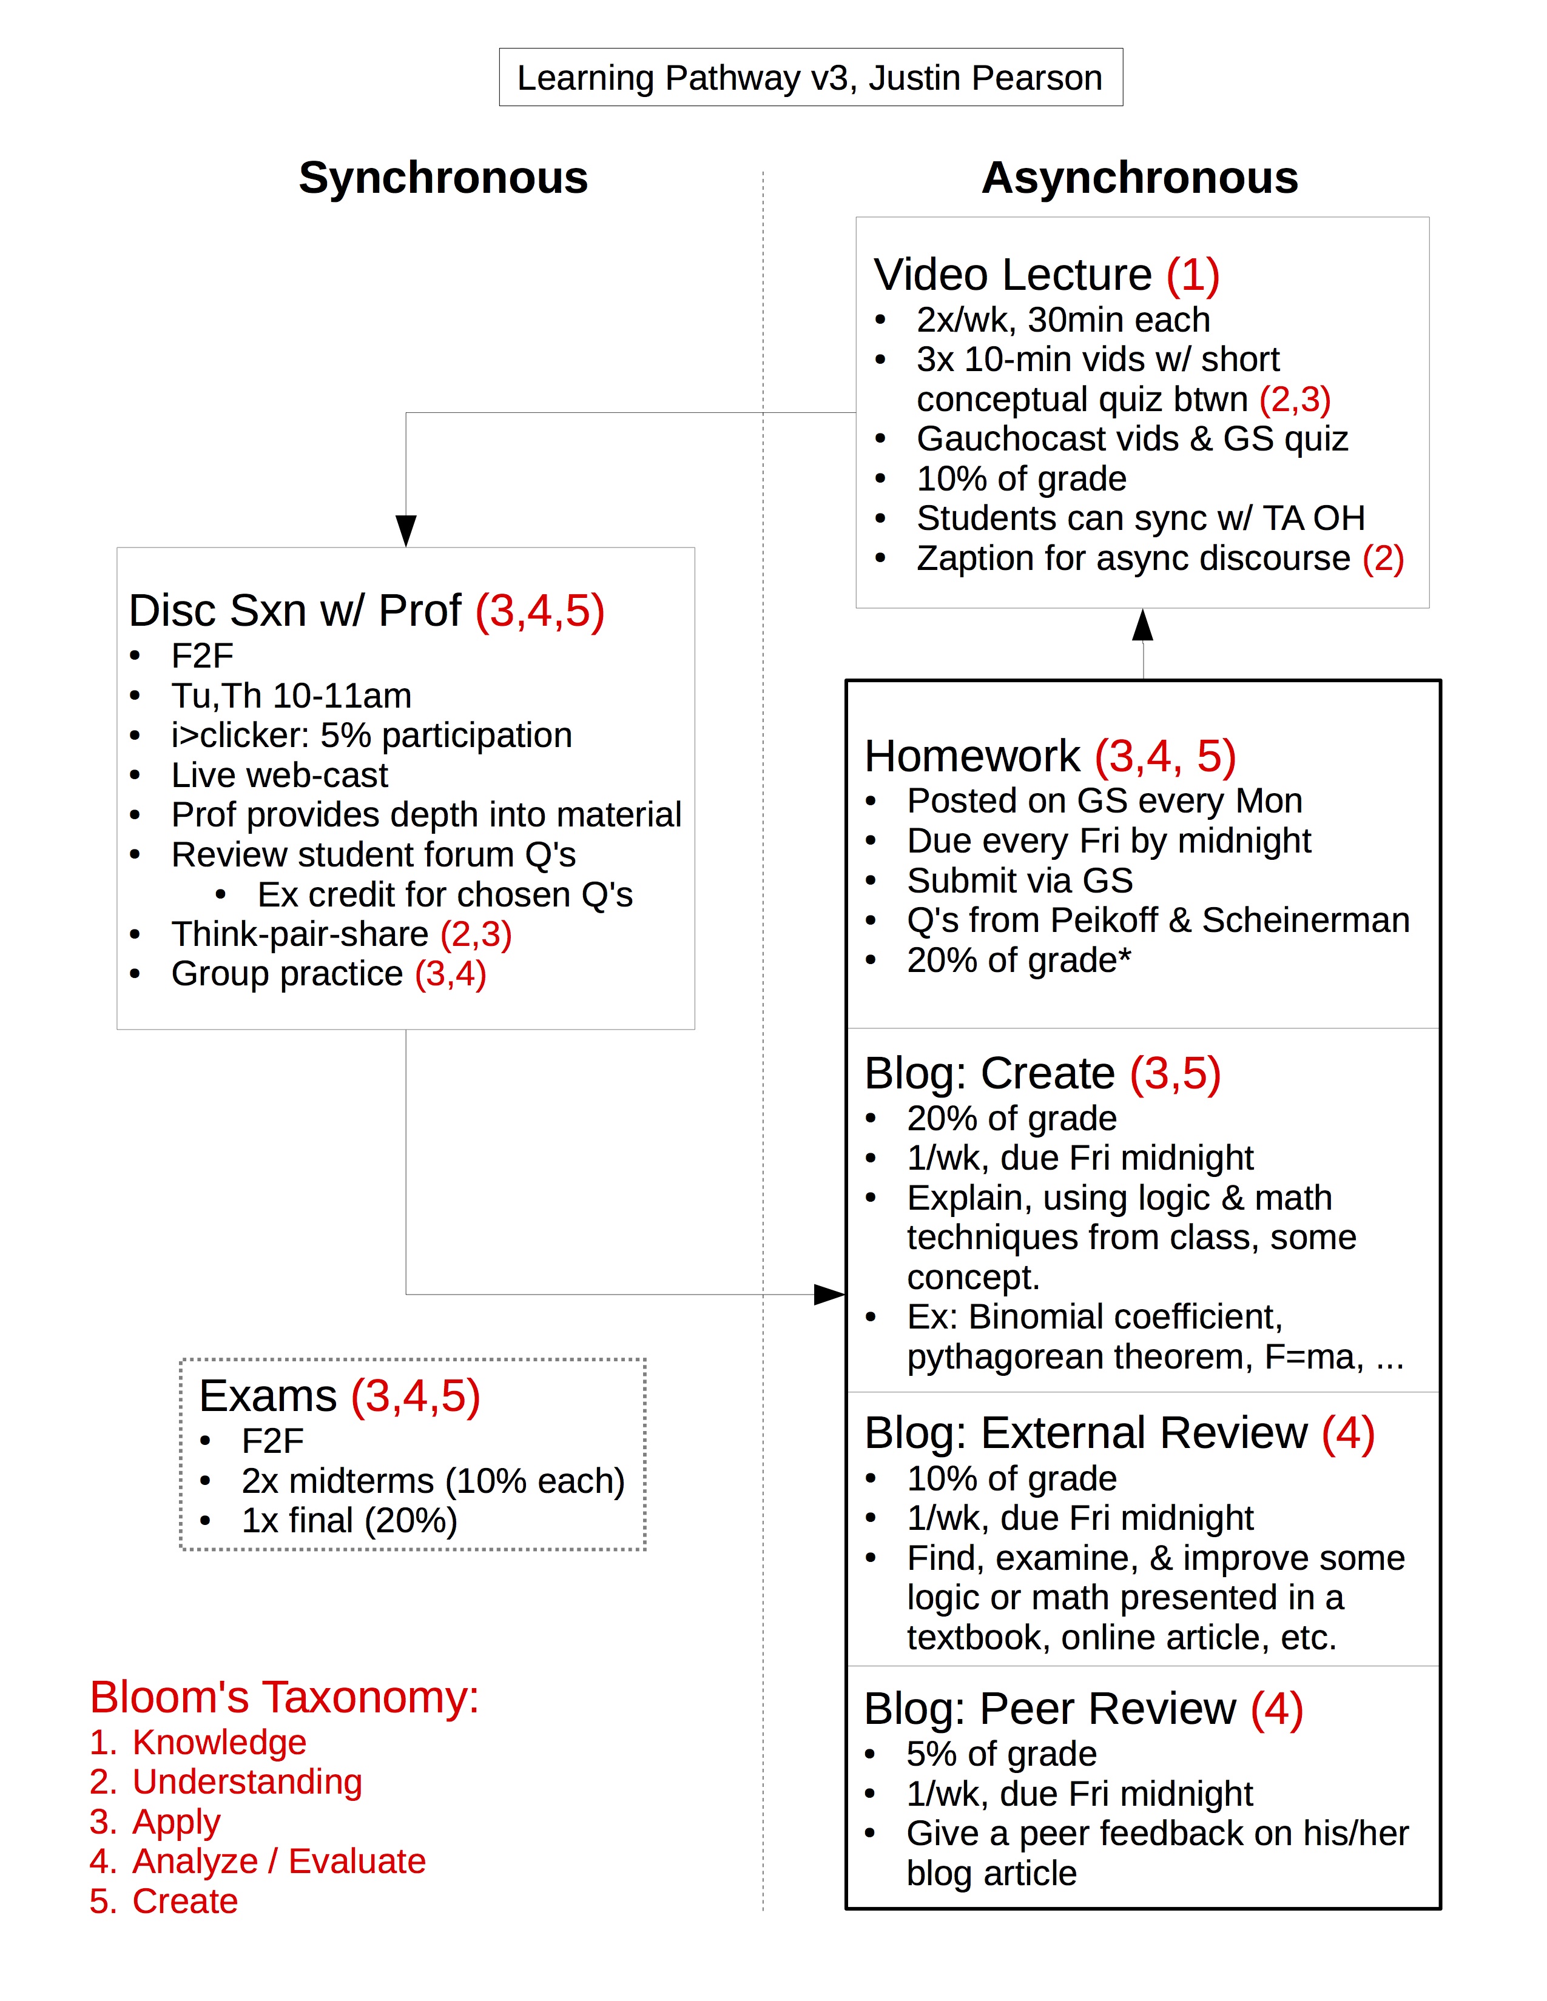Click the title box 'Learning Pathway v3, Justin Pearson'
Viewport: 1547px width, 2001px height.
point(810,78)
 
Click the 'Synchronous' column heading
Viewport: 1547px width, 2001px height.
point(443,178)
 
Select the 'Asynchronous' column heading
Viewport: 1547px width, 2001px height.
point(1139,178)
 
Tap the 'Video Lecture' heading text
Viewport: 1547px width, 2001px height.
point(1012,275)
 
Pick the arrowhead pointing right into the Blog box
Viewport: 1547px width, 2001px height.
point(829,1294)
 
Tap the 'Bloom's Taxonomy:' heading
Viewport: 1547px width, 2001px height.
point(284,1698)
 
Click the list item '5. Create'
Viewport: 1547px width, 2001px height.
point(164,1901)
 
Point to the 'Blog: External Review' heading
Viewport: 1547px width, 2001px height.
point(1085,1434)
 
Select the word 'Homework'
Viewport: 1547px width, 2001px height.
point(972,757)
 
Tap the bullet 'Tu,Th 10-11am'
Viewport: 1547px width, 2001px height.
point(291,696)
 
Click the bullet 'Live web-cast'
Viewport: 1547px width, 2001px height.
point(280,775)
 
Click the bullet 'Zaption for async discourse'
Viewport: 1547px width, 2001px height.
point(1134,558)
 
